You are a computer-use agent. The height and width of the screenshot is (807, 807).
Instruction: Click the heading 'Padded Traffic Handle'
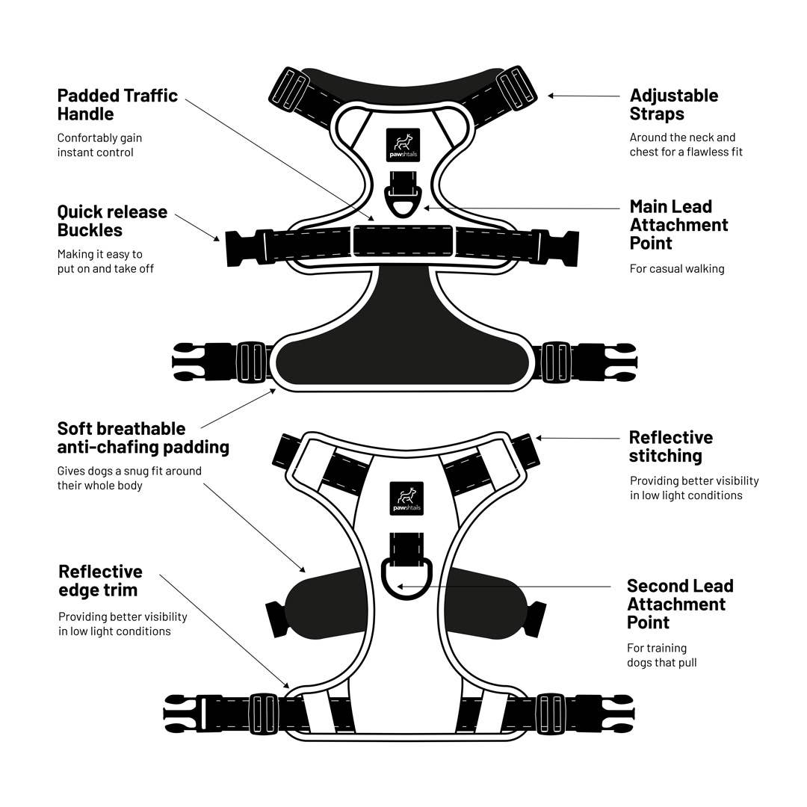click(x=117, y=105)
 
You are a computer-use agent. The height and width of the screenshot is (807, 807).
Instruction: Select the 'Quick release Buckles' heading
click(x=112, y=220)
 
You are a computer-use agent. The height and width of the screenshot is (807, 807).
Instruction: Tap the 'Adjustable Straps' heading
click(x=674, y=105)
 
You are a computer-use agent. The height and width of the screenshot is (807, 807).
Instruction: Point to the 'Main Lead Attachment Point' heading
click(x=678, y=225)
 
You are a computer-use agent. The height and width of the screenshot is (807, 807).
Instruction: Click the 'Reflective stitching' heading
click(x=670, y=446)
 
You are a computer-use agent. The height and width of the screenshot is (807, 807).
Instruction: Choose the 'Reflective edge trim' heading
click(x=100, y=581)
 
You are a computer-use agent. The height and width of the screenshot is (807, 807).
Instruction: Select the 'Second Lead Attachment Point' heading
click(x=680, y=604)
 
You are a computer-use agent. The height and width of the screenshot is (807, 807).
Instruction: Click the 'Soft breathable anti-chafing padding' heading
click(x=143, y=437)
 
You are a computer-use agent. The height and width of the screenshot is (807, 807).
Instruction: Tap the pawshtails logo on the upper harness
click(x=403, y=145)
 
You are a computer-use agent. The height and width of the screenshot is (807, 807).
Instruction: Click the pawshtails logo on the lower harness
click(x=406, y=498)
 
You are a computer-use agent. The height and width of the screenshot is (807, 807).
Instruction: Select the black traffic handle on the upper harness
click(x=403, y=241)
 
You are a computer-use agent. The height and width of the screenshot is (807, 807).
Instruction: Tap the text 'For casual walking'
click(x=677, y=269)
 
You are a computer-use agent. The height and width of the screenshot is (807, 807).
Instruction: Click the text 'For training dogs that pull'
click(x=662, y=655)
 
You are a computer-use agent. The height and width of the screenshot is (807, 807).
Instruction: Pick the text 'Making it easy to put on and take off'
click(x=105, y=262)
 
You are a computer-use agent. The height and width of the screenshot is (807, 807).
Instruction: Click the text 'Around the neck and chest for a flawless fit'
click(x=686, y=145)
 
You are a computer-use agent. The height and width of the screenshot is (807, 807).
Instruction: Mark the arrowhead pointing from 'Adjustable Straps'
click(x=551, y=95)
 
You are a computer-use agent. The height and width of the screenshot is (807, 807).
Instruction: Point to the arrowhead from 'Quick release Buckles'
click(x=216, y=238)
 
